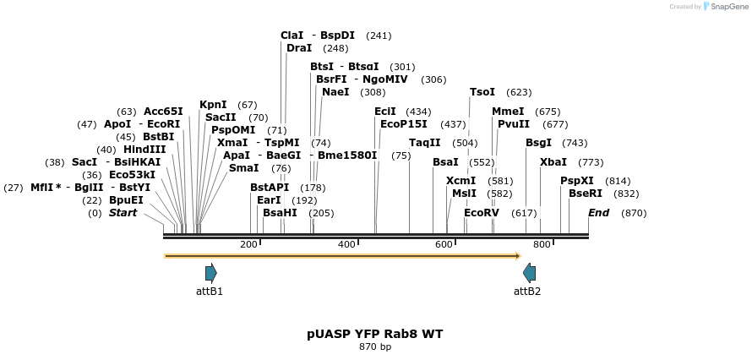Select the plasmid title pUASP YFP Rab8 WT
(374, 334)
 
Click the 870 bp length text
(374, 347)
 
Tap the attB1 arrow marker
(210, 272)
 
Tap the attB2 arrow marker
(529, 272)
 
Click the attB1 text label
(210, 292)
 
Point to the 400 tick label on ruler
(346, 245)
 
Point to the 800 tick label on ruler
(542, 245)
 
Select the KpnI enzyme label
(213, 105)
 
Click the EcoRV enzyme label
(482, 213)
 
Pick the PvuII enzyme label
(514, 124)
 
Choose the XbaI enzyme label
(553, 162)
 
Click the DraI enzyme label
(299, 48)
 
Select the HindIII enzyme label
(144, 150)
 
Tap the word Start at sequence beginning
(123, 213)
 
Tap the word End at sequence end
(598, 213)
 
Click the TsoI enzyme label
(482, 92)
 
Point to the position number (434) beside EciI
(418, 112)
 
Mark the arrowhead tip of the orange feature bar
(519, 255)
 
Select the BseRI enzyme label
(585, 194)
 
